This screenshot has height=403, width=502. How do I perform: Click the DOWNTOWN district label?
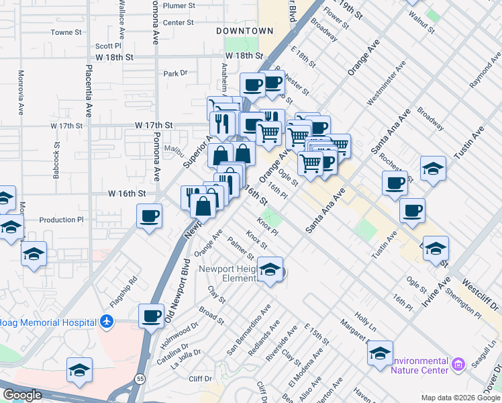pyautogui.click(x=244, y=31)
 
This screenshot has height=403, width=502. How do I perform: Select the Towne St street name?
pyautogui.click(x=66, y=32)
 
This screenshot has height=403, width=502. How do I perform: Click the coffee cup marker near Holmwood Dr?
pyautogui.click(x=152, y=315)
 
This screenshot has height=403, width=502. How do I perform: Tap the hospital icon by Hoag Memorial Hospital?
pyautogui.click(x=105, y=322)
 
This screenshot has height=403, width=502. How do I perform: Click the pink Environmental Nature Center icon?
pyautogui.click(x=459, y=365)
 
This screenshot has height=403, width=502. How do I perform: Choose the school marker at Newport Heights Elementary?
pyautogui.click(x=270, y=271)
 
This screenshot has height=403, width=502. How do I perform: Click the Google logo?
pyautogui.click(x=22, y=395)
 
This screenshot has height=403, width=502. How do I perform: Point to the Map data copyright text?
pyautogui.click(x=460, y=398)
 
